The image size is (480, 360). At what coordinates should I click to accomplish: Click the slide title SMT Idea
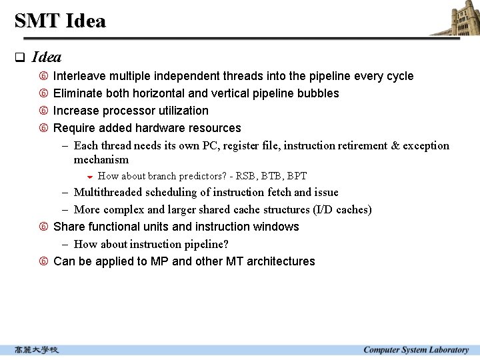pyautogui.click(x=60, y=21)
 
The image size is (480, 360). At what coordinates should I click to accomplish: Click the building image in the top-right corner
pyautogui.click(x=455, y=18)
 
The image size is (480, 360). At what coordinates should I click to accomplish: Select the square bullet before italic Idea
pyautogui.click(x=19, y=57)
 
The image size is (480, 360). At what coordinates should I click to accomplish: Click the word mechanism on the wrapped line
pyautogui.click(x=101, y=159)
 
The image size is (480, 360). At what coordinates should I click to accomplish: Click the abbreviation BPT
pyautogui.click(x=297, y=176)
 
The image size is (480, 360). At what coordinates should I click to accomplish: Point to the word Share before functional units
pyautogui.click(x=69, y=227)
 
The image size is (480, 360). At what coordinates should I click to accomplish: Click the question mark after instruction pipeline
pyautogui.click(x=225, y=244)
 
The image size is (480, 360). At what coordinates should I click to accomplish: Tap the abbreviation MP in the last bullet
pyautogui.click(x=160, y=261)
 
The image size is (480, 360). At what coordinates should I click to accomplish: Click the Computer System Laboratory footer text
pyautogui.click(x=416, y=350)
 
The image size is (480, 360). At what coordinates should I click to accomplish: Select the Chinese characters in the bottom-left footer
pyautogui.click(x=37, y=350)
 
